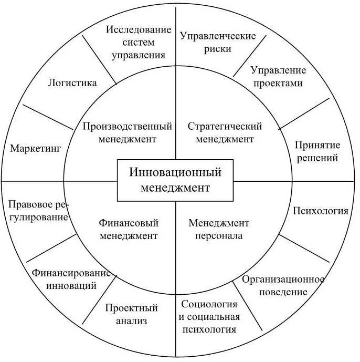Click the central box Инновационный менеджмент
pyautogui.click(x=175, y=180)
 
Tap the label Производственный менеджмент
pyautogui.click(x=128, y=132)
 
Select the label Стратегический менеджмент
pyautogui.click(x=225, y=132)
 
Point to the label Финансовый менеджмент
pyautogui.click(x=128, y=229)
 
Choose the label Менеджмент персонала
pyautogui.click(x=215, y=229)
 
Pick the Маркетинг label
pyautogui.click(x=36, y=148)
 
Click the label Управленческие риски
pyautogui.click(x=218, y=42)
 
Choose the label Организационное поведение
pyautogui.click(x=283, y=285)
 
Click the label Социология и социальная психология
pyautogui.click(x=210, y=317)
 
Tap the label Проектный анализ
pyautogui.click(x=131, y=314)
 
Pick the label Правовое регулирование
pyautogui.click(x=38, y=210)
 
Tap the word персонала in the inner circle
pyautogui.click(x=215, y=235)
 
